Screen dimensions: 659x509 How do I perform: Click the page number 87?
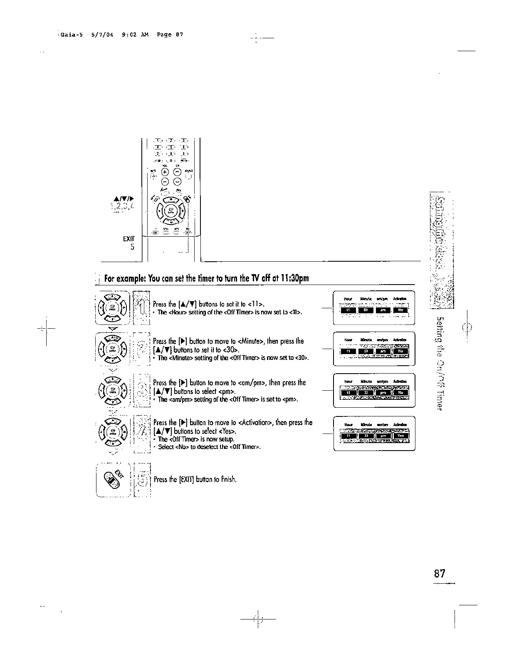tap(440, 574)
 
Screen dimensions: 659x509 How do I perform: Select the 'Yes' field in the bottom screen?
tap(400, 436)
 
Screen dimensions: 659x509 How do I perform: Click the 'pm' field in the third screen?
tap(383, 392)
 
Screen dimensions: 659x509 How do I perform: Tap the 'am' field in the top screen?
tap(383, 310)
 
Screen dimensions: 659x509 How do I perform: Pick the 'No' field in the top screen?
tap(400, 310)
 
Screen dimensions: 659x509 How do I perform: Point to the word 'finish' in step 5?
tap(229, 479)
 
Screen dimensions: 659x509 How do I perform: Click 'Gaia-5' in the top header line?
tap(71, 35)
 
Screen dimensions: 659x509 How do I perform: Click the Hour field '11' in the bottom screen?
tap(348, 436)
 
